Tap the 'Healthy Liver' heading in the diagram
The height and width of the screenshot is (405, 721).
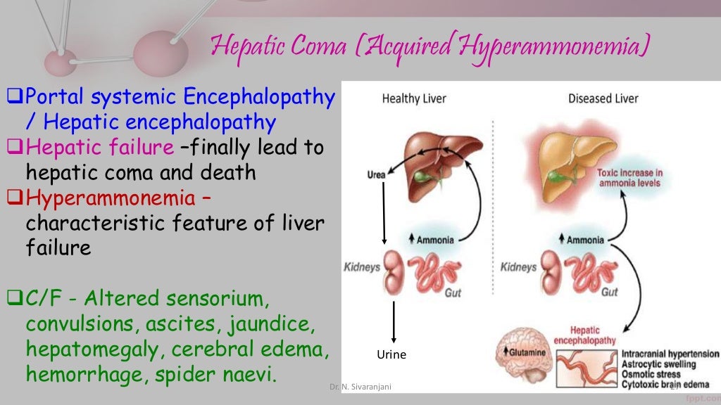pyautogui.click(x=414, y=98)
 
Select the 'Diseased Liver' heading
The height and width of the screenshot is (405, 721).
pyautogui.click(x=603, y=98)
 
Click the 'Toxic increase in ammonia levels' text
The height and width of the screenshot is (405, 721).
pyautogui.click(x=629, y=178)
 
